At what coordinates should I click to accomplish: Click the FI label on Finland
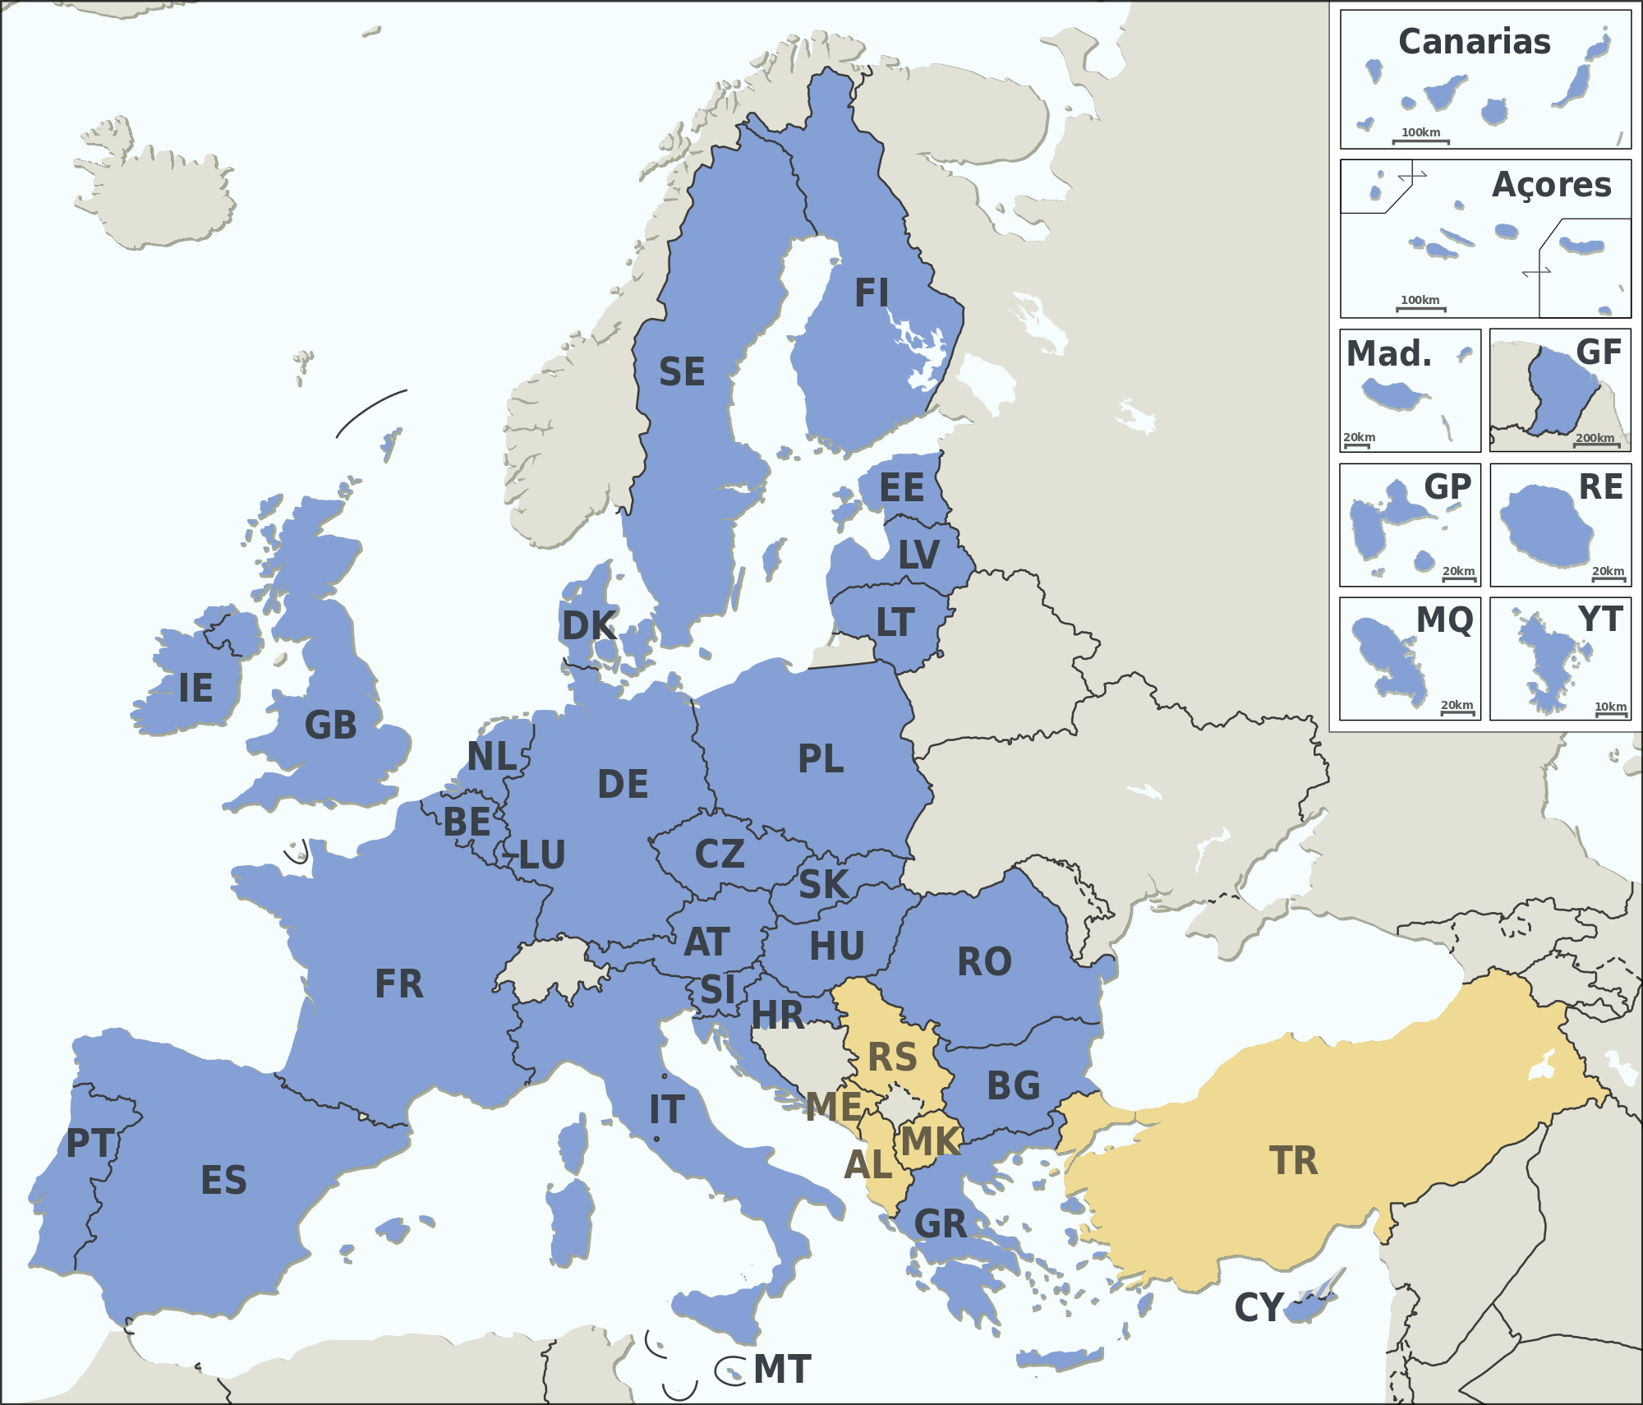[872, 293]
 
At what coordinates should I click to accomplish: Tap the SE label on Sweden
[682, 371]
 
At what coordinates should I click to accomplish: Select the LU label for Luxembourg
[542, 855]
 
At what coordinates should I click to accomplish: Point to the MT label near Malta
[782, 1370]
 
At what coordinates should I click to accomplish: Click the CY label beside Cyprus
[1259, 1308]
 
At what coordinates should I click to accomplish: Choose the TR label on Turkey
[1293, 1161]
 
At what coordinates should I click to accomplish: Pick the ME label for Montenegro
[833, 1107]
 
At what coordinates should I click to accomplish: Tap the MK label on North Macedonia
[930, 1142]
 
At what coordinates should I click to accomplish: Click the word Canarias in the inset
[1475, 42]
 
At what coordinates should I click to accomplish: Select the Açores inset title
[1551, 185]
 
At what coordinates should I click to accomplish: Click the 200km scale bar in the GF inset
[1595, 441]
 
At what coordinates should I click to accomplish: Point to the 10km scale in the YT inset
[1610, 710]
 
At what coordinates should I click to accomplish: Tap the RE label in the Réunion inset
[1600, 486]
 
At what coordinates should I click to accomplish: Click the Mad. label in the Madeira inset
[1388, 354]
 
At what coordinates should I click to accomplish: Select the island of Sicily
[723, 1311]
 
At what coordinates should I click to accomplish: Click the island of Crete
[1060, 1360]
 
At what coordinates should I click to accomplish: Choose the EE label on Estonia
[901, 488]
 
